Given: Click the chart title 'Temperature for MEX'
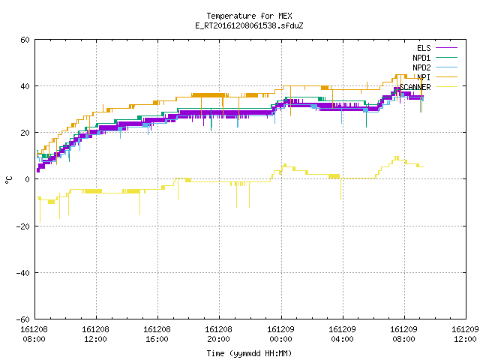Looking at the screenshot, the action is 249,16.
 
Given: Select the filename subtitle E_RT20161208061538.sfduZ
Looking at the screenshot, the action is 249,25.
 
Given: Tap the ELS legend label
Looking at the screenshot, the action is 424,48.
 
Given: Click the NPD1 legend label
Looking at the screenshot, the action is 421,58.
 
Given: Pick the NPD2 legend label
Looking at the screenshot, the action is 421,67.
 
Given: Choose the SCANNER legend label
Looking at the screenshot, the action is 415,87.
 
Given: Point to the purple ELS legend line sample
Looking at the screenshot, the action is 447,48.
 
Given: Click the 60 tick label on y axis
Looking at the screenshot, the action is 25,40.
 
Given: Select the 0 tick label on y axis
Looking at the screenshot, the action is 28,179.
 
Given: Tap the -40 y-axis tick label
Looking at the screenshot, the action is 23,273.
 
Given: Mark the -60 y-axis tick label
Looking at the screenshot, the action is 23,319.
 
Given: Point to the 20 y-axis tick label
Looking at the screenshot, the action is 25,133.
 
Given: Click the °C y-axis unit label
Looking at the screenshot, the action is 9,180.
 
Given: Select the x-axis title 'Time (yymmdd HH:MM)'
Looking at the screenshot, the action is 249,353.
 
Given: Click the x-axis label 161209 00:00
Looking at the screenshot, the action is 280,334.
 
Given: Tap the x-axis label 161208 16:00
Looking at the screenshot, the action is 157,334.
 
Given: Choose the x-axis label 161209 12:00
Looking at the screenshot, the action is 465,334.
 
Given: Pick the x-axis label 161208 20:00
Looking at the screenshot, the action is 218,334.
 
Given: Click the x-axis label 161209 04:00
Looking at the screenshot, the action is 342,334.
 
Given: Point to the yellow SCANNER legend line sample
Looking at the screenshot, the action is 447,87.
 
